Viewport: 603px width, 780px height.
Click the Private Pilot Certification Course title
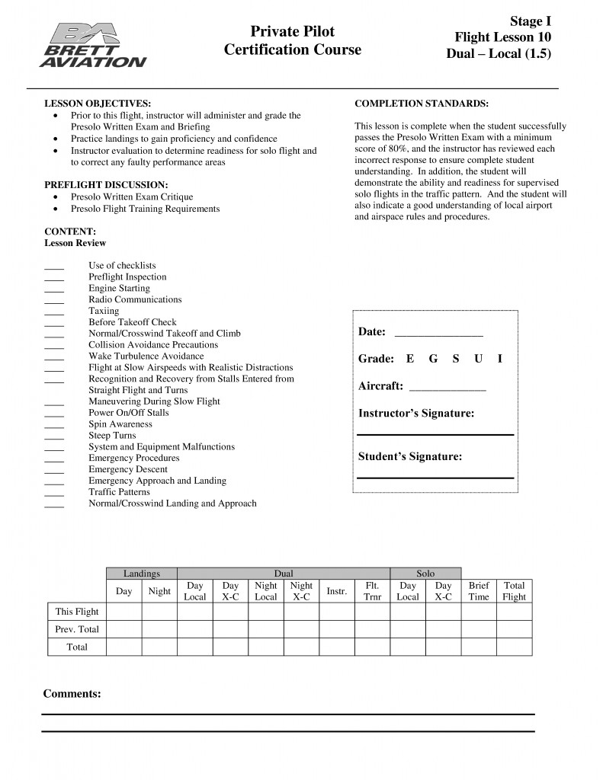pos(293,41)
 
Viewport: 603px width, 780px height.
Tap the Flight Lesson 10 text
pos(502,37)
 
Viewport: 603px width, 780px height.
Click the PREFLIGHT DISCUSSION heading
pos(105,185)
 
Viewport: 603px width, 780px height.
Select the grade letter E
pos(410,359)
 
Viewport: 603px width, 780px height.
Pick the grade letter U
pos(478,359)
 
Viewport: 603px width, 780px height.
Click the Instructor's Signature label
pos(416,414)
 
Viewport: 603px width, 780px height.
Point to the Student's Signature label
pos(410,457)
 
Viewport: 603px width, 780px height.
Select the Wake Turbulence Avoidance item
pos(146,356)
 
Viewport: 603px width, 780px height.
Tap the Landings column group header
pos(142,573)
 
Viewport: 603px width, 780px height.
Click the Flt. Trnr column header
pos(373,591)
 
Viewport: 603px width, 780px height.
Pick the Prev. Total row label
pos(77,629)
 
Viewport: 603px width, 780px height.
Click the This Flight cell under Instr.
pos(337,612)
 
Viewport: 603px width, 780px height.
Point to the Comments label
pos(72,694)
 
